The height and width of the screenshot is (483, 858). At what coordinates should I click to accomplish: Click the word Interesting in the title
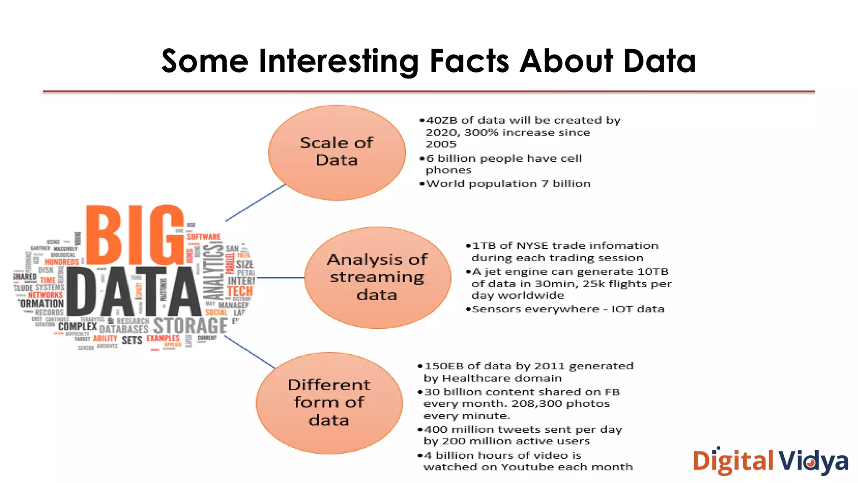(339, 62)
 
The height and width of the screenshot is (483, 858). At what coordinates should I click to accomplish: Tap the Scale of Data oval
(337, 152)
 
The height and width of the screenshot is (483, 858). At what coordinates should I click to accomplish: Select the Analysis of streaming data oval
(377, 278)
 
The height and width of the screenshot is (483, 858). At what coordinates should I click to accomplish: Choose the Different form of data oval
(329, 403)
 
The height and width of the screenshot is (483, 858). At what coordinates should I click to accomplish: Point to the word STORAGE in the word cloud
(190, 326)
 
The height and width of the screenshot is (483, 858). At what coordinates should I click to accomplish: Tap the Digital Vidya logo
(770, 462)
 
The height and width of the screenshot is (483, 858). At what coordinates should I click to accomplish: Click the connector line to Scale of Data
(255, 203)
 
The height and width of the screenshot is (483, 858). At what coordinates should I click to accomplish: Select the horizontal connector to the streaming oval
(280, 278)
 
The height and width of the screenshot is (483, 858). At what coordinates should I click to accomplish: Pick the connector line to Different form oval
(250, 352)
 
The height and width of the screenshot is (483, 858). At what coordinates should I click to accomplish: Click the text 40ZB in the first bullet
(442, 120)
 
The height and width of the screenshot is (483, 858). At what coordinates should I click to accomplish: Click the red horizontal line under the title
(429, 91)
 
